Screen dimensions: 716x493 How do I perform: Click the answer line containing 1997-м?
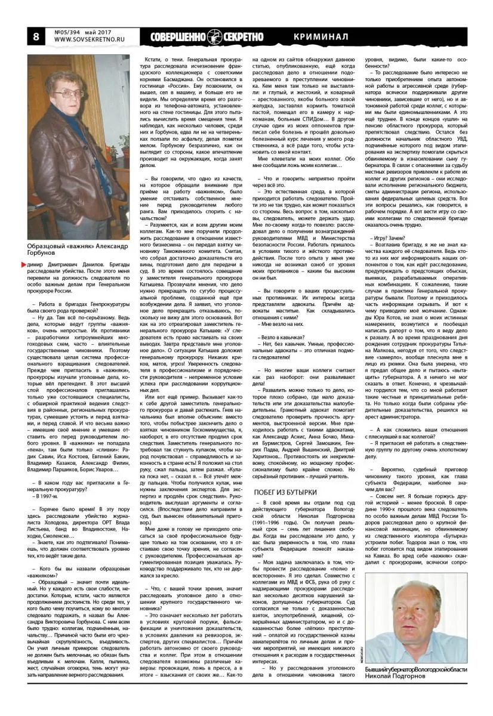point(47,495)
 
